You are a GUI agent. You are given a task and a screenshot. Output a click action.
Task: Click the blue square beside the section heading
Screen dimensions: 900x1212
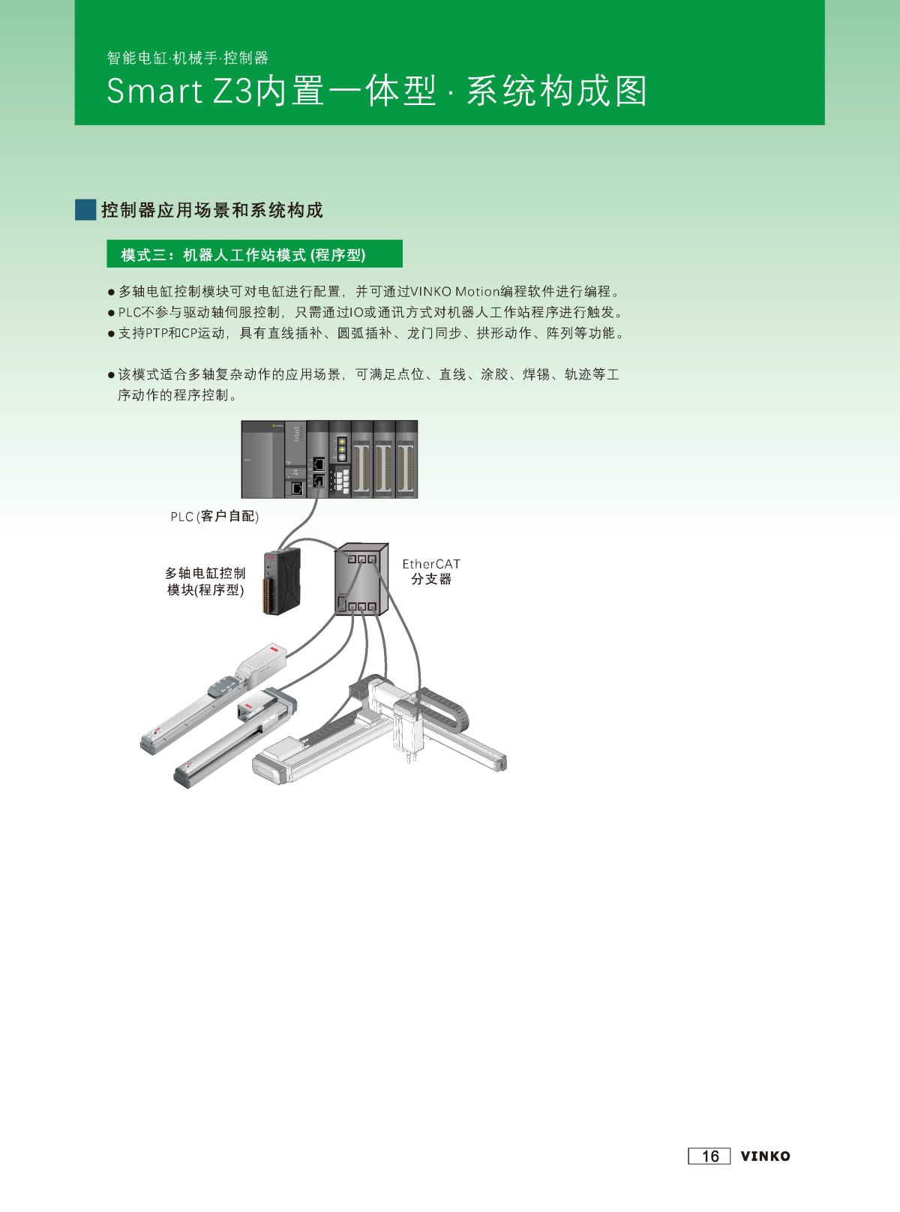point(85,210)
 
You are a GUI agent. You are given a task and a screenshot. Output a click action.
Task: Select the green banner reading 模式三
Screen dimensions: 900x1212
point(255,253)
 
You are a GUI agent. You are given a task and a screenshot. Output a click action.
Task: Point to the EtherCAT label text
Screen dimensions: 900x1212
point(431,564)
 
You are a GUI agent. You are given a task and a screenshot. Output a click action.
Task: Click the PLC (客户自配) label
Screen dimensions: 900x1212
point(214,517)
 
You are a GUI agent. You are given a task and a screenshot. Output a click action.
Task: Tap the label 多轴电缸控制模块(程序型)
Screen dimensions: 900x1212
point(205,581)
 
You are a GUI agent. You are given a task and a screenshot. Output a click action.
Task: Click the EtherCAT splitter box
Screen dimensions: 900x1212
point(361,579)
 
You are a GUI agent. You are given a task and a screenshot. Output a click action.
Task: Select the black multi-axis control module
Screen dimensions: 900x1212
point(282,580)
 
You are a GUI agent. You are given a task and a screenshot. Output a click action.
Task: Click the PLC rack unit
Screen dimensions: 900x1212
point(329,459)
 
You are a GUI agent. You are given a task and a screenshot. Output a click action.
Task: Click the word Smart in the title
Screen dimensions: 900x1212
point(154,91)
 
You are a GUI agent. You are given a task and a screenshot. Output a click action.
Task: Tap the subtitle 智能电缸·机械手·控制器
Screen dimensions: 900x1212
point(187,58)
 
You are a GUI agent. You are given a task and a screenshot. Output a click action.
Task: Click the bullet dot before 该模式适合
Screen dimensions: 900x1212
point(111,375)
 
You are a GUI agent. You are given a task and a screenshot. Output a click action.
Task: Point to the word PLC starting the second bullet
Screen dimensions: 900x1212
point(130,313)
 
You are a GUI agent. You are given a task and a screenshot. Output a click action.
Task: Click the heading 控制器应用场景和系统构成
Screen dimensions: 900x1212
point(212,210)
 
